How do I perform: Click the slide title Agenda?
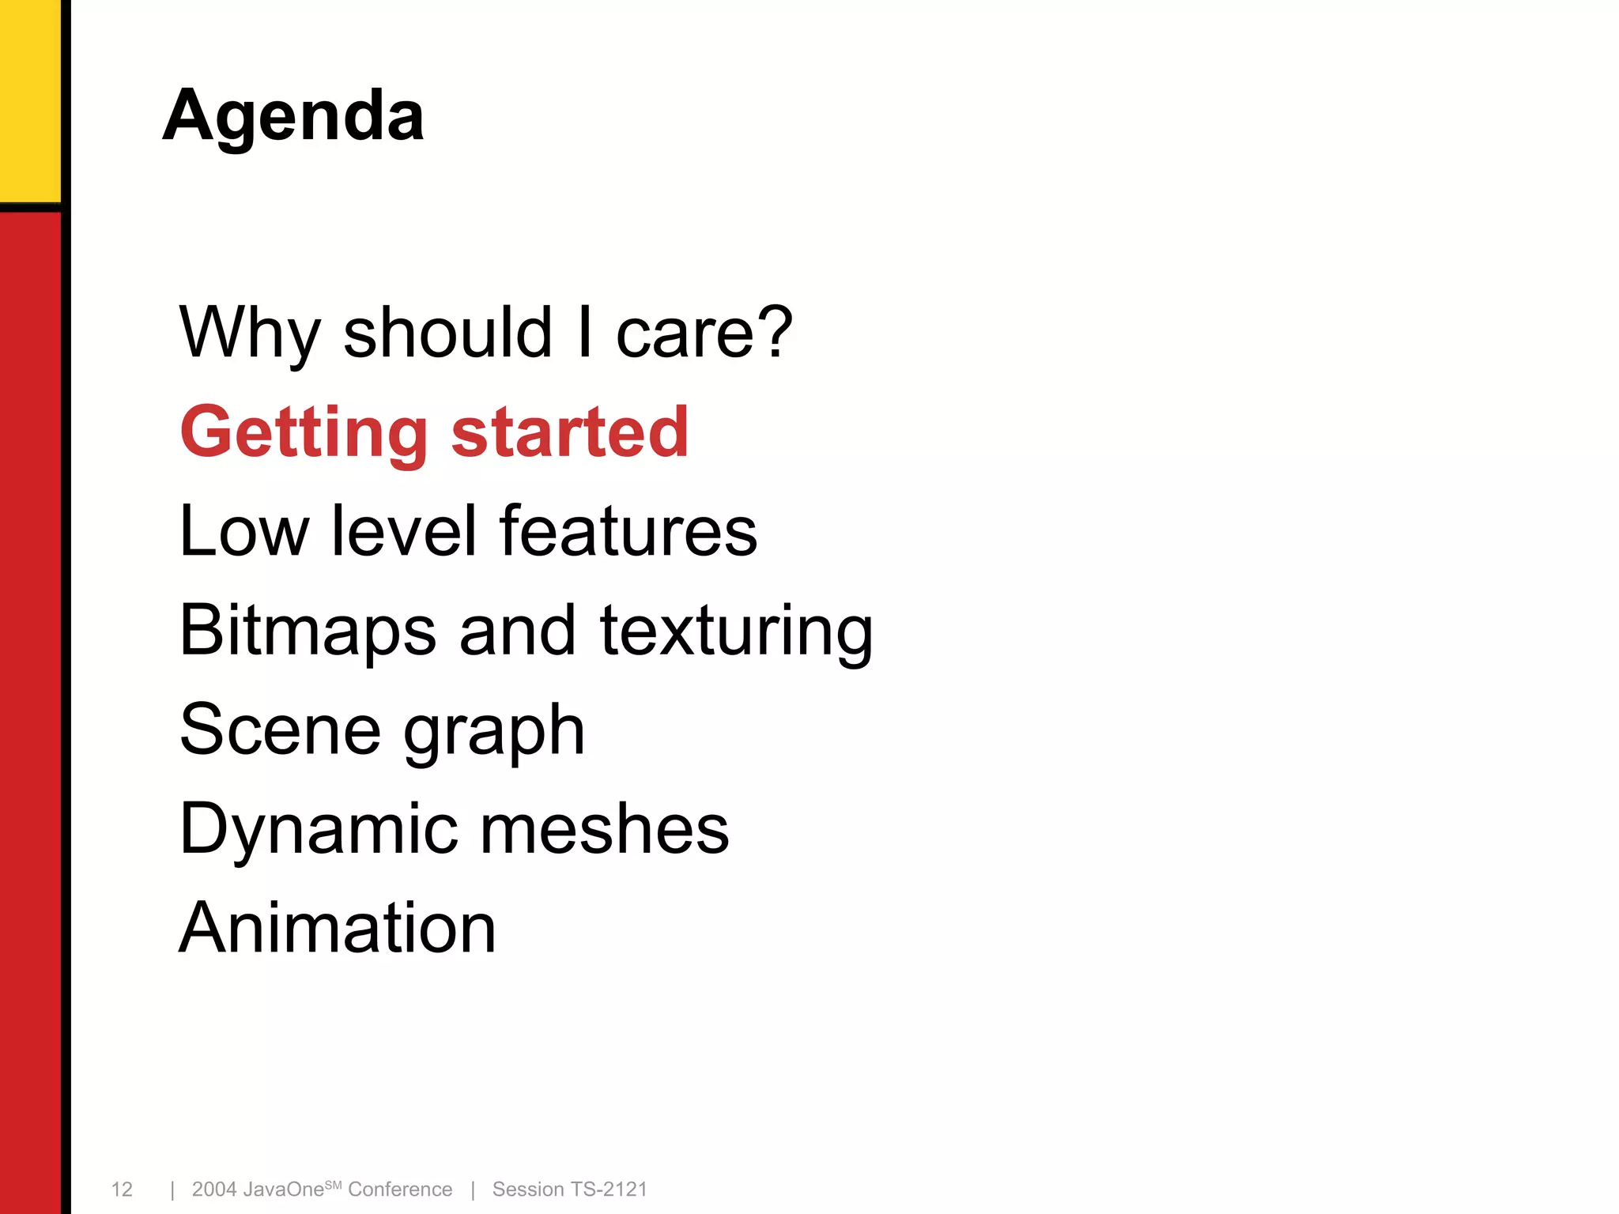(x=293, y=115)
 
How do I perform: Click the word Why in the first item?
(x=248, y=332)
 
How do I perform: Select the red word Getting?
(x=304, y=432)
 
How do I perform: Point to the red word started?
(x=570, y=432)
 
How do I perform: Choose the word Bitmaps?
(x=308, y=630)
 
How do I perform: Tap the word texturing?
(x=736, y=630)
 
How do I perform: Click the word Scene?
(x=280, y=730)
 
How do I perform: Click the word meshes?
(x=605, y=829)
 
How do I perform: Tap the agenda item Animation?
(x=338, y=928)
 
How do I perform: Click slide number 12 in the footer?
(x=122, y=1189)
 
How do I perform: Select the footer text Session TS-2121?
(x=569, y=1189)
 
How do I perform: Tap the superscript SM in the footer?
(x=333, y=1184)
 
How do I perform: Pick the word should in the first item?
(x=447, y=332)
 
